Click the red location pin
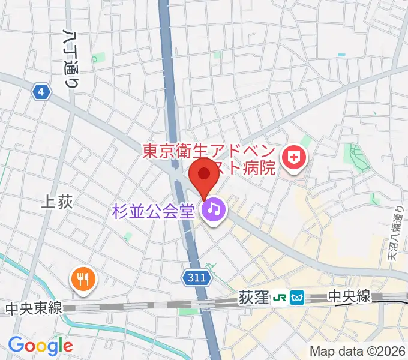point(204,175)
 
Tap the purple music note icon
point(214,209)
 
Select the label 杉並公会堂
point(155,211)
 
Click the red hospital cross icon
point(295,158)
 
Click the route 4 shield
point(40,92)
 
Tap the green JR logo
point(280,297)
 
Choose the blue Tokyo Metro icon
point(297,297)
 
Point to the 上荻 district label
point(58,202)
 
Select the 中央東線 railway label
point(34,308)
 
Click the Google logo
point(40,345)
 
